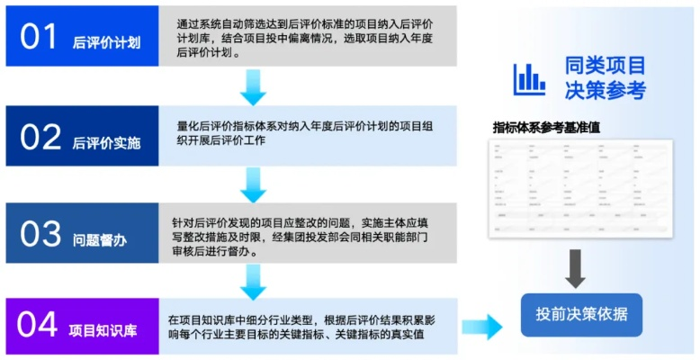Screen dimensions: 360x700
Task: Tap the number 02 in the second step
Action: (40, 137)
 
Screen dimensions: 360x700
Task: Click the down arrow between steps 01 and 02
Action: (254, 86)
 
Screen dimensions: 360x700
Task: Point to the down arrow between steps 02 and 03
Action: (254, 184)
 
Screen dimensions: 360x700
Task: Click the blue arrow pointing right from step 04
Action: (482, 326)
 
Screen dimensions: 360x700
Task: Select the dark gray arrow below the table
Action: (575, 269)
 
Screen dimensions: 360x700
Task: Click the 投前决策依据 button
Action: (581, 314)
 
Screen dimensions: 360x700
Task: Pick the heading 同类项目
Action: (605, 65)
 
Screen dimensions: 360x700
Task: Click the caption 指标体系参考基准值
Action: (546, 127)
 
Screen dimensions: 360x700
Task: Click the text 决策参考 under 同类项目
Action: (605, 90)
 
